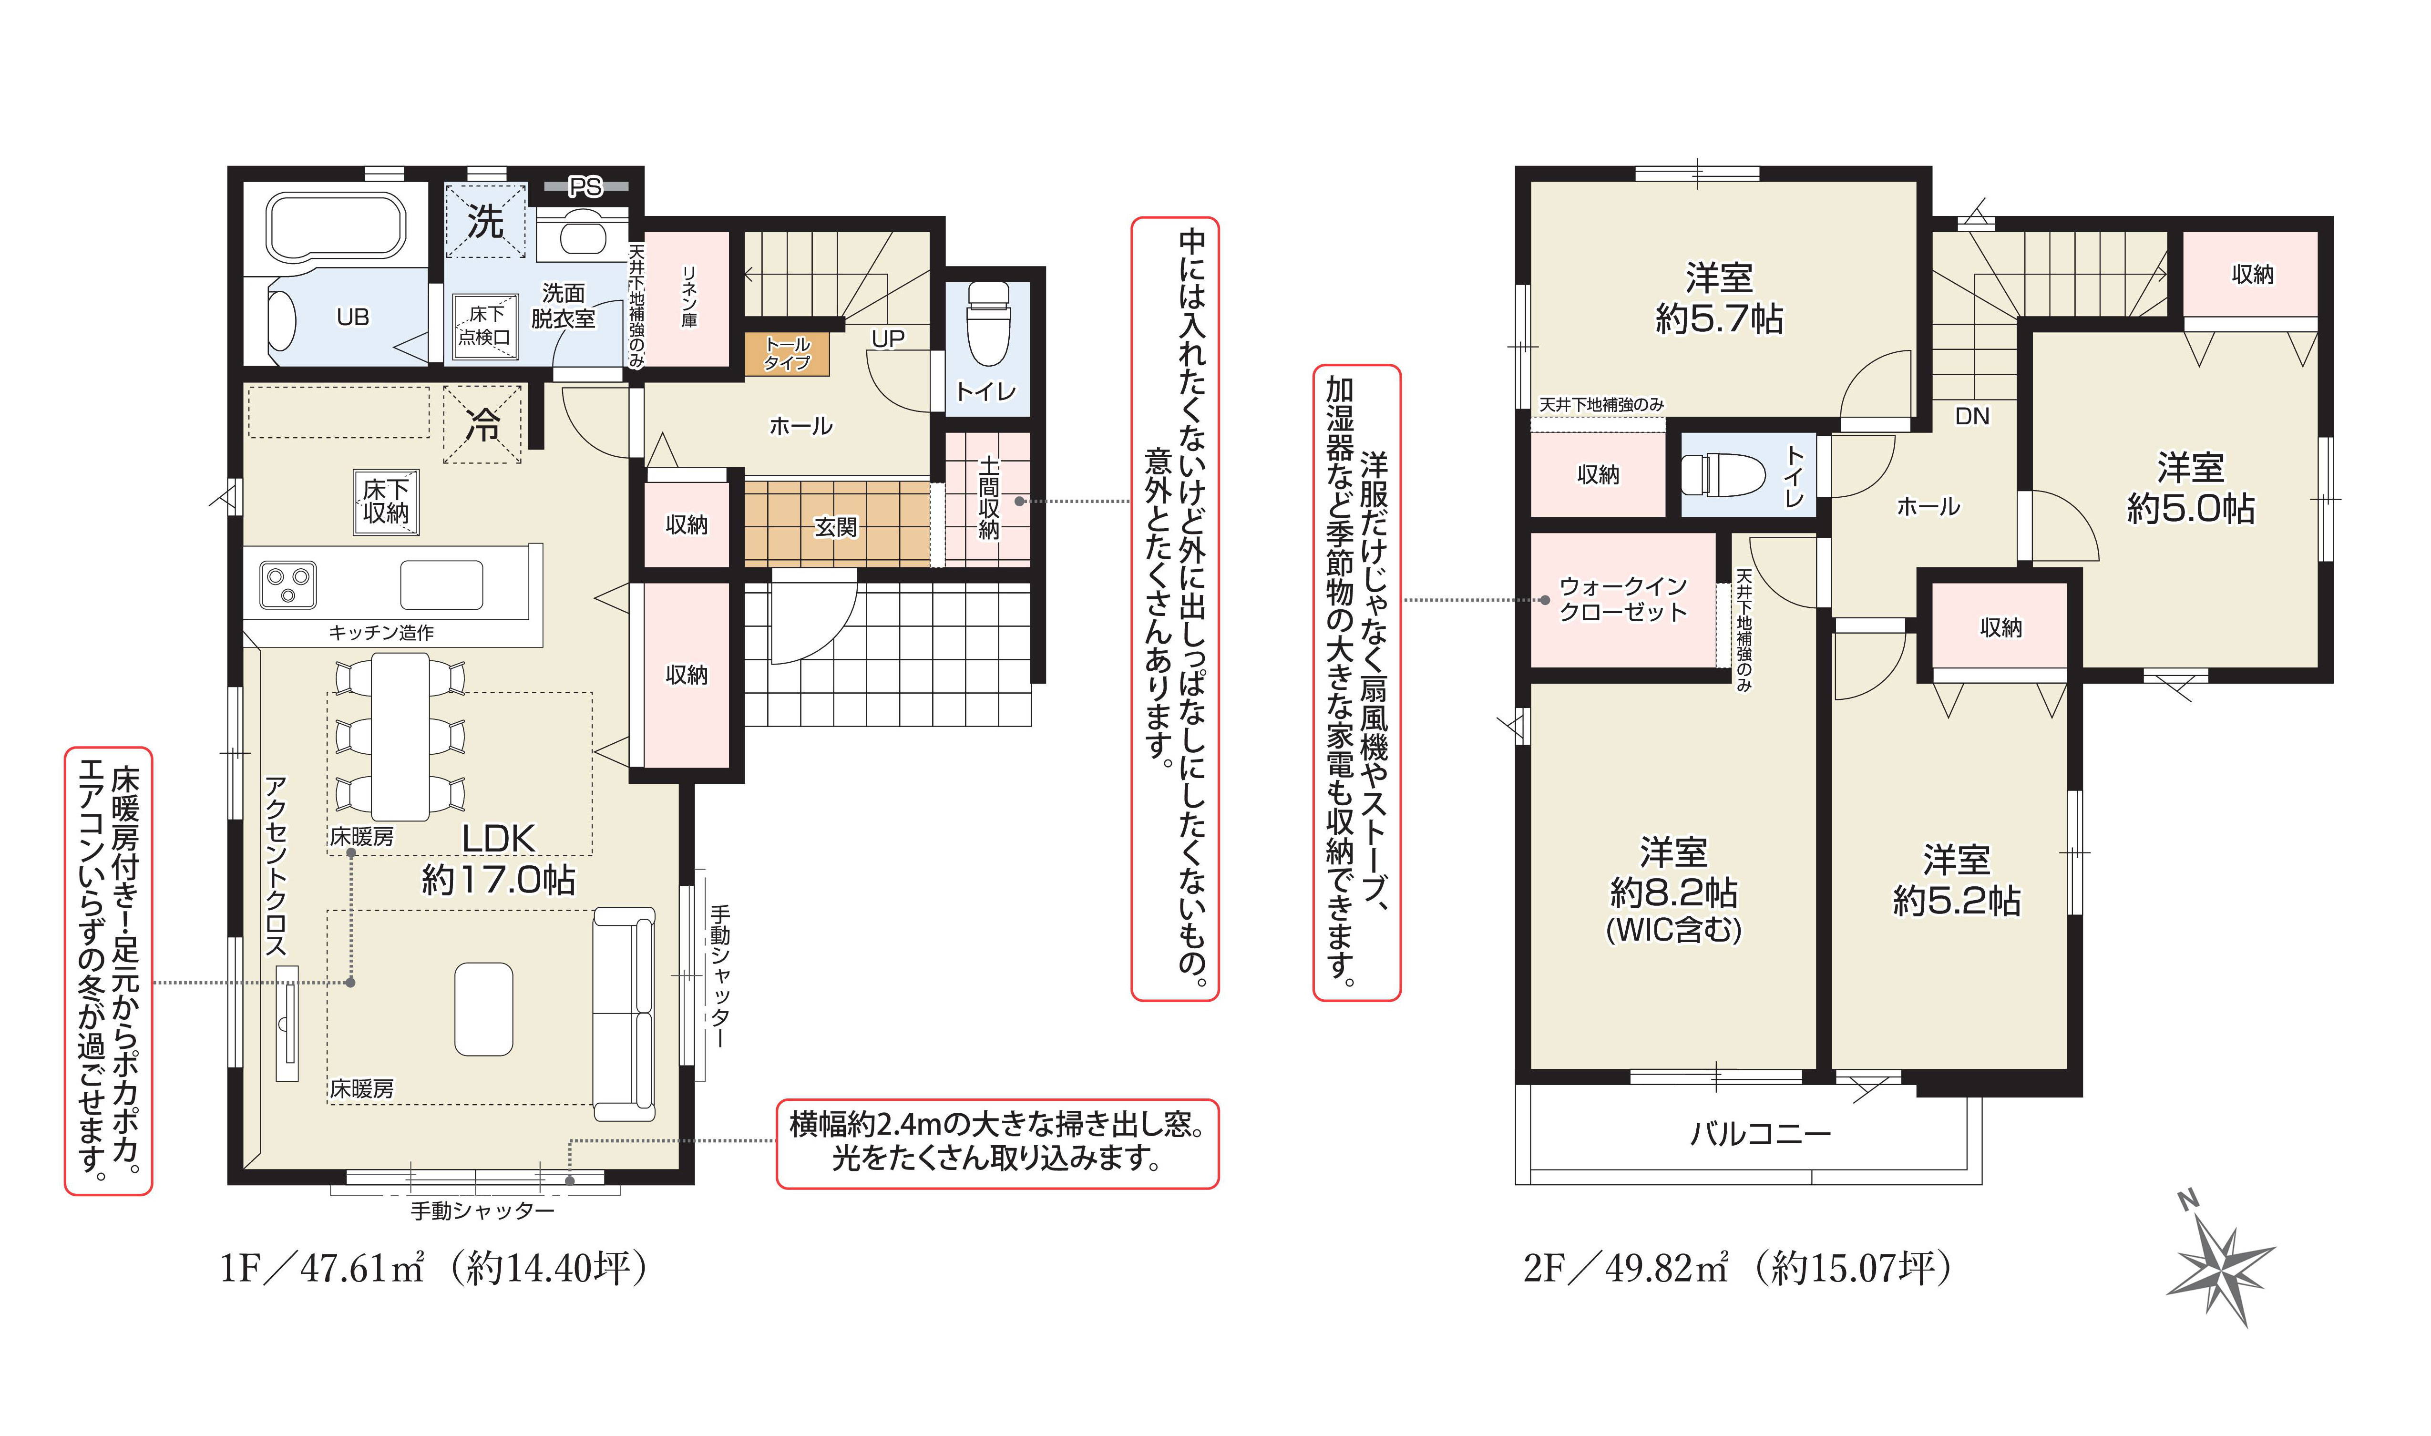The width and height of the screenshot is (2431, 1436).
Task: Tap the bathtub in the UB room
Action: (x=335, y=228)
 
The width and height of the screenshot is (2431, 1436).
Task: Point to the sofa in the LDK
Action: (x=624, y=1013)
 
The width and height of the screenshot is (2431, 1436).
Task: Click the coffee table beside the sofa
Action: (x=484, y=1008)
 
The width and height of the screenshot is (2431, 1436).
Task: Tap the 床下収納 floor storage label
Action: (x=386, y=501)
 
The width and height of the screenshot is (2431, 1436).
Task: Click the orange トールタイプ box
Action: (x=787, y=354)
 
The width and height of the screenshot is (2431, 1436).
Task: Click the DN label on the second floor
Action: (x=1971, y=416)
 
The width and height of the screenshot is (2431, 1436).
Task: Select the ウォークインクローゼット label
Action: (x=1622, y=599)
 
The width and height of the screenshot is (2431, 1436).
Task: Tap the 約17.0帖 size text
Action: (x=498, y=880)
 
